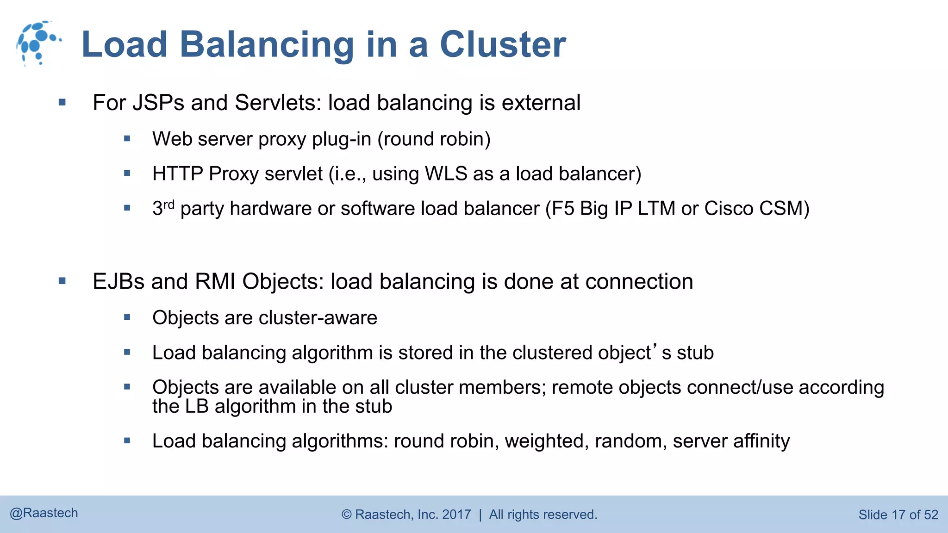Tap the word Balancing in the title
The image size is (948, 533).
pos(267,45)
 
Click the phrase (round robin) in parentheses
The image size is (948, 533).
pos(434,139)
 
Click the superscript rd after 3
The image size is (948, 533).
pos(169,204)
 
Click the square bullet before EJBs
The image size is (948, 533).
pos(62,281)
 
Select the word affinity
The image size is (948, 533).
pos(761,441)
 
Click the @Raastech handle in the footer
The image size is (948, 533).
pos(44,513)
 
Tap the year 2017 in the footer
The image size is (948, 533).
pos(456,514)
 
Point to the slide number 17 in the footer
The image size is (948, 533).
pos(898,515)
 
